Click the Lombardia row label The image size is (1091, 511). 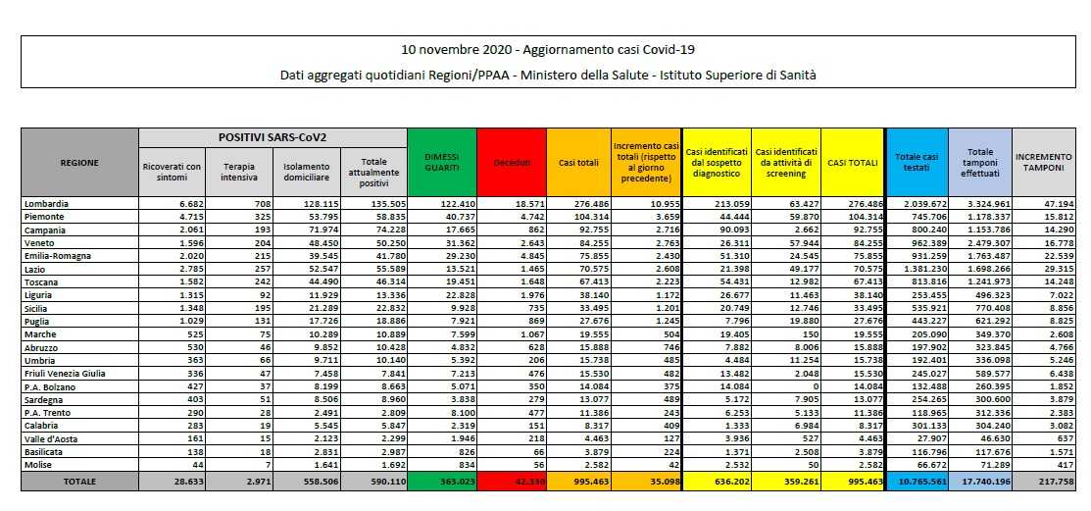[46, 202]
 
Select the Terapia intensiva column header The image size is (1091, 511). [238, 167]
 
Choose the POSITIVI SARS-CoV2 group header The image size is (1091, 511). [272, 138]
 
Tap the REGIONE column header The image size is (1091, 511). [79, 162]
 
